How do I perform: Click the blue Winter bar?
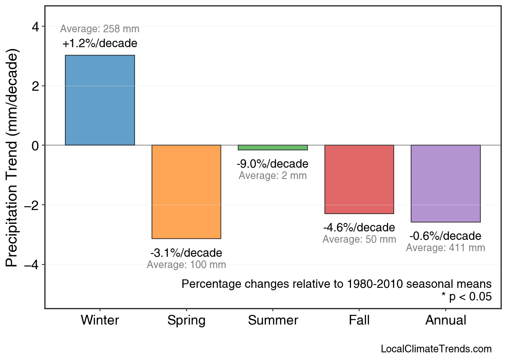click(x=100, y=100)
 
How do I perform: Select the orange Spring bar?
click(x=186, y=192)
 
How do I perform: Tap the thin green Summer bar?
click(x=273, y=148)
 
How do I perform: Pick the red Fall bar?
click(x=359, y=179)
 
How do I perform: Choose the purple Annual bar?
click(x=445, y=183)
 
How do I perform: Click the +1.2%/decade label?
click(x=100, y=44)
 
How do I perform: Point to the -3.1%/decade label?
click(x=186, y=253)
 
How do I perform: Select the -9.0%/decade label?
click(x=272, y=164)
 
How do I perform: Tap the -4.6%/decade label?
click(x=359, y=228)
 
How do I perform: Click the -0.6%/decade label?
click(x=445, y=236)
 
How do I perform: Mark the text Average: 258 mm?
click(x=100, y=29)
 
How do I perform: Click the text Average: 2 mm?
click(x=272, y=176)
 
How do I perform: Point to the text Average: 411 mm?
click(x=445, y=248)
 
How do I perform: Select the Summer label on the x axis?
click(x=273, y=320)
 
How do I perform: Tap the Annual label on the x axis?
click(x=446, y=320)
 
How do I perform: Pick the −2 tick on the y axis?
click(x=32, y=205)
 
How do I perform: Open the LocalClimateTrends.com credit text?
click(x=436, y=349)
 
